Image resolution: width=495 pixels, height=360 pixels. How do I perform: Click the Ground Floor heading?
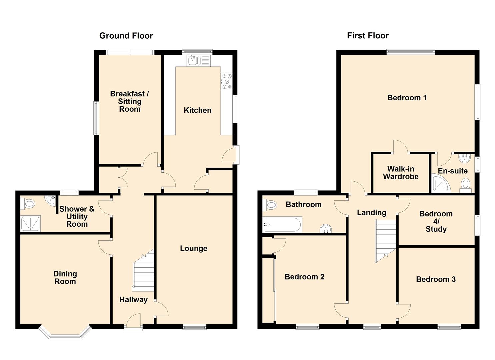pos(126,36)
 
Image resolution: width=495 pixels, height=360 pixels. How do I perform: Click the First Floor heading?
pos(368,35)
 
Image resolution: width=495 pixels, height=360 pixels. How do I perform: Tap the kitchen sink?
pos(199,61)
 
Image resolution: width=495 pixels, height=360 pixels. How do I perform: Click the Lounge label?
pos(194,248)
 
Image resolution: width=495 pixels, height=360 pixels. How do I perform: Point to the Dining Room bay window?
pos(65,332)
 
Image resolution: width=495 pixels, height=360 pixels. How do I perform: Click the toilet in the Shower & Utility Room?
pos(28,204)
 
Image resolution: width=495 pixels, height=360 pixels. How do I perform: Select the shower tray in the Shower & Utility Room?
pos(30,224)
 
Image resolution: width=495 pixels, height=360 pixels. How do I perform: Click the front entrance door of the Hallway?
pos(133,322)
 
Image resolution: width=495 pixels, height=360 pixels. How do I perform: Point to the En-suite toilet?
pos(465,186)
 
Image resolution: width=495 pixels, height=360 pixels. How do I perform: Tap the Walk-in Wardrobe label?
pos(401,173)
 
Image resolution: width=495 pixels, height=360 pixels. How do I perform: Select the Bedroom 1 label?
pos(407,97)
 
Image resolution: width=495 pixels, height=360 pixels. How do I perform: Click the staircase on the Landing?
pos(386,241)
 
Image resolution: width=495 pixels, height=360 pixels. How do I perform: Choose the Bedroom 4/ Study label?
pos(436,221)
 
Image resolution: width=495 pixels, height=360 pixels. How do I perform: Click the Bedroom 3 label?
pos(436,279)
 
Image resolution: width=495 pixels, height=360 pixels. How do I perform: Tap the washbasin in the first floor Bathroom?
pos(326,229)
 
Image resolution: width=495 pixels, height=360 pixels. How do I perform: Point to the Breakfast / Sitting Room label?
pos(129,101)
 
